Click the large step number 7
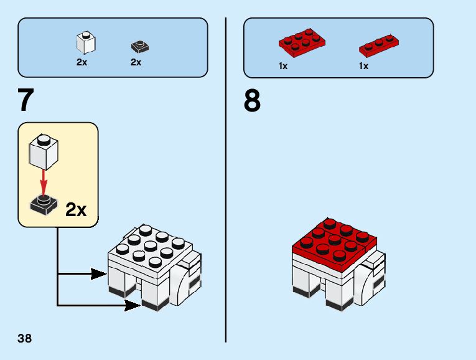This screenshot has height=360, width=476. (x=26, y=101)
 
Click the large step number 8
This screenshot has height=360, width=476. (x=252, y=101)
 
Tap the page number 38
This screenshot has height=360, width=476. (x=25, y=339)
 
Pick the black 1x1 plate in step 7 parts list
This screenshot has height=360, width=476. (x=140, y=46)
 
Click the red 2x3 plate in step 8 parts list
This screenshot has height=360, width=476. (x=302, y=42)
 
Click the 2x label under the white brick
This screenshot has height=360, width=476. (x=82, y=62)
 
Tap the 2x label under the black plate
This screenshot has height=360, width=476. (x=136, y=62)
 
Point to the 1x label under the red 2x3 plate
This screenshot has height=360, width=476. (x=283, y=66)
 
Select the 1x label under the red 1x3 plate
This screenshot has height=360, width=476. (x=363, y=66)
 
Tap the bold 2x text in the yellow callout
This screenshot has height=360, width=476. (x=76, y=210)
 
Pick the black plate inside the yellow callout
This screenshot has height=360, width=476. (x=44, y=204)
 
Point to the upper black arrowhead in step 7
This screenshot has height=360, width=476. (x=98, y=273)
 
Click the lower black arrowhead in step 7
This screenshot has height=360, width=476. (x=132, y=305)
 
